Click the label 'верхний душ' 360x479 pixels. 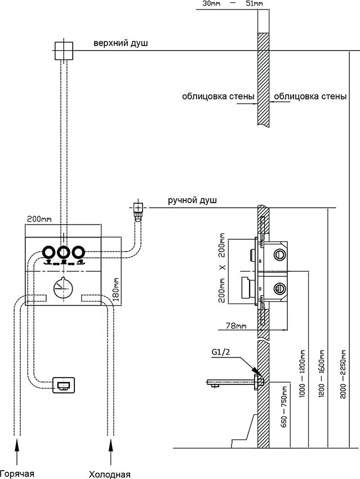122,44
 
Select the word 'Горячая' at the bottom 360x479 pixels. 17,473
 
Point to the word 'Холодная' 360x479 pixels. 110,473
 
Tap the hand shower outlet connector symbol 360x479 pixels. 137,209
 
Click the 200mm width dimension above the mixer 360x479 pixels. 39,219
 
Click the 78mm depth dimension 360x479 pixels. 230,326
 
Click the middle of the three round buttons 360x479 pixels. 63,253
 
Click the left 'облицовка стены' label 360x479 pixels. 217,97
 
